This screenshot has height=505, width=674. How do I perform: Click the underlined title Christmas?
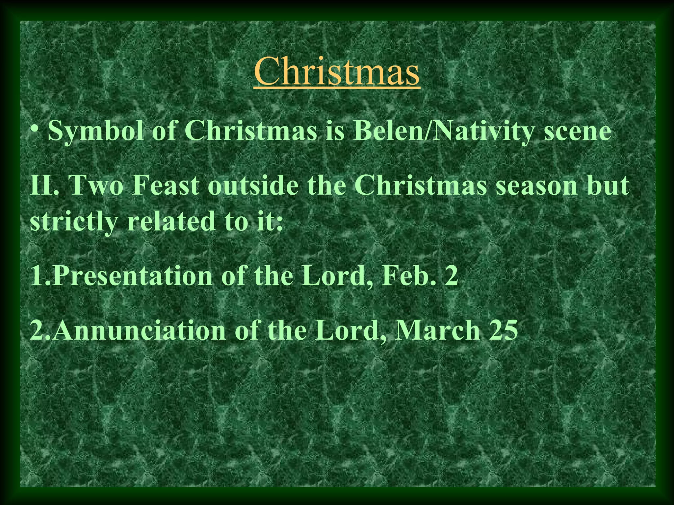(337, 71)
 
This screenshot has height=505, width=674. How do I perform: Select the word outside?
(253, 186)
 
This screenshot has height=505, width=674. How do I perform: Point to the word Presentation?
(131, 276)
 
